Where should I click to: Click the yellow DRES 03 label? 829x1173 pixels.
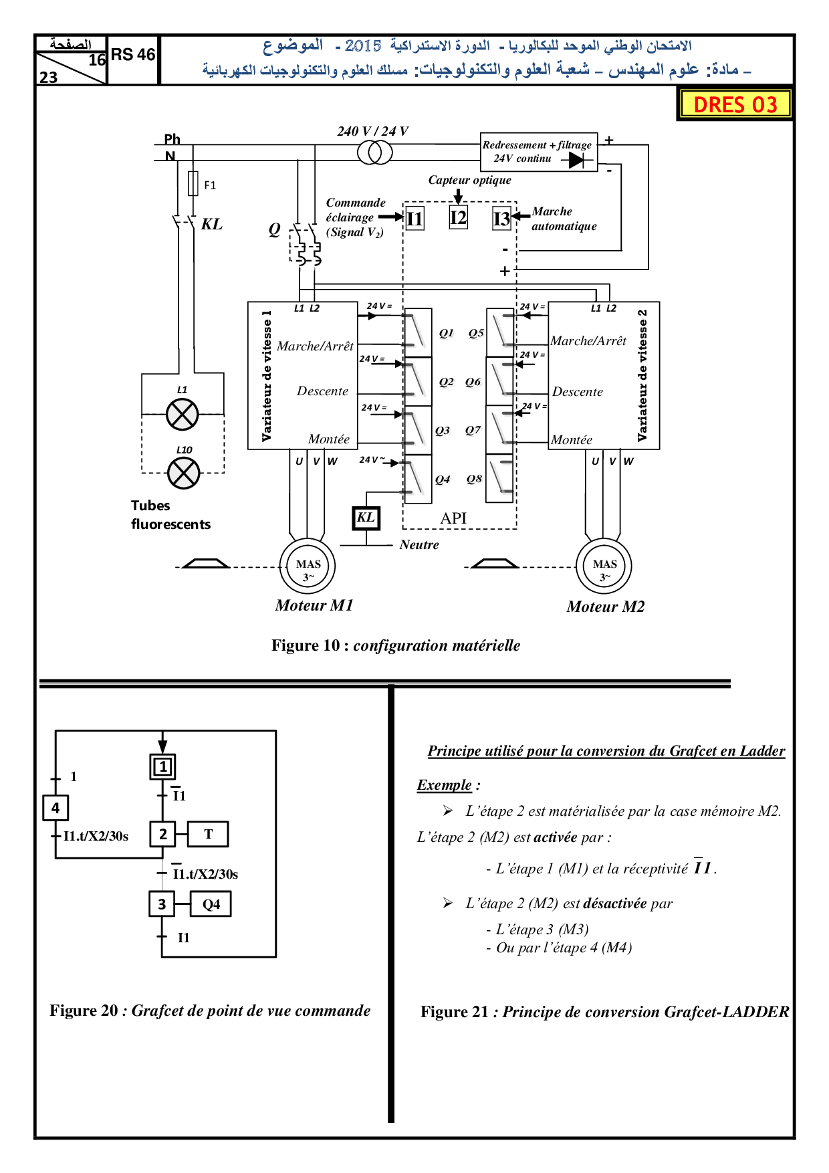(735, 104)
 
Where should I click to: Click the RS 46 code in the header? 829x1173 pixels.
(133, 55)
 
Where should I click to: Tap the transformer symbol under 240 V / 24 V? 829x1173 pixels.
(374, 153)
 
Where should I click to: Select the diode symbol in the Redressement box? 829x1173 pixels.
(576, 161)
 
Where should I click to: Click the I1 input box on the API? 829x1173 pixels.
(414, 218)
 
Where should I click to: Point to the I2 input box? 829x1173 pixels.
(458, 217)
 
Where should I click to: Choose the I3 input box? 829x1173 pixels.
(501, 219)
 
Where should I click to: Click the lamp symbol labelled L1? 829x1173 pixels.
(183, 415)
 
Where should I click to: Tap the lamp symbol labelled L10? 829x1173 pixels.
(184, 473)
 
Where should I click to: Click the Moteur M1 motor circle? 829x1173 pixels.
(308, 566)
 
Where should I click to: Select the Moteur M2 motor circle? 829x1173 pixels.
(604, 566)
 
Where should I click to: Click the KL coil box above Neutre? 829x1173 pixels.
(366, 518)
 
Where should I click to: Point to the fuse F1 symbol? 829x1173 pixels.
(193, 183)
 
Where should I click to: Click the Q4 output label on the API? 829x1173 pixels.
(443, 479)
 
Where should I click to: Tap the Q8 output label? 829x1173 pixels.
(474, 479)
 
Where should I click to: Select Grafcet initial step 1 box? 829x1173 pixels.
(162, 766)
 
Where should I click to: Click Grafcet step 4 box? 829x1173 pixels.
(55, 808)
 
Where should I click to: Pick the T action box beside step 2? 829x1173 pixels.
(208, 834)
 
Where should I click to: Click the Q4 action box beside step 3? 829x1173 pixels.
(211, 904)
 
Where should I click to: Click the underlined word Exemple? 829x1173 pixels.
(445, 785)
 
